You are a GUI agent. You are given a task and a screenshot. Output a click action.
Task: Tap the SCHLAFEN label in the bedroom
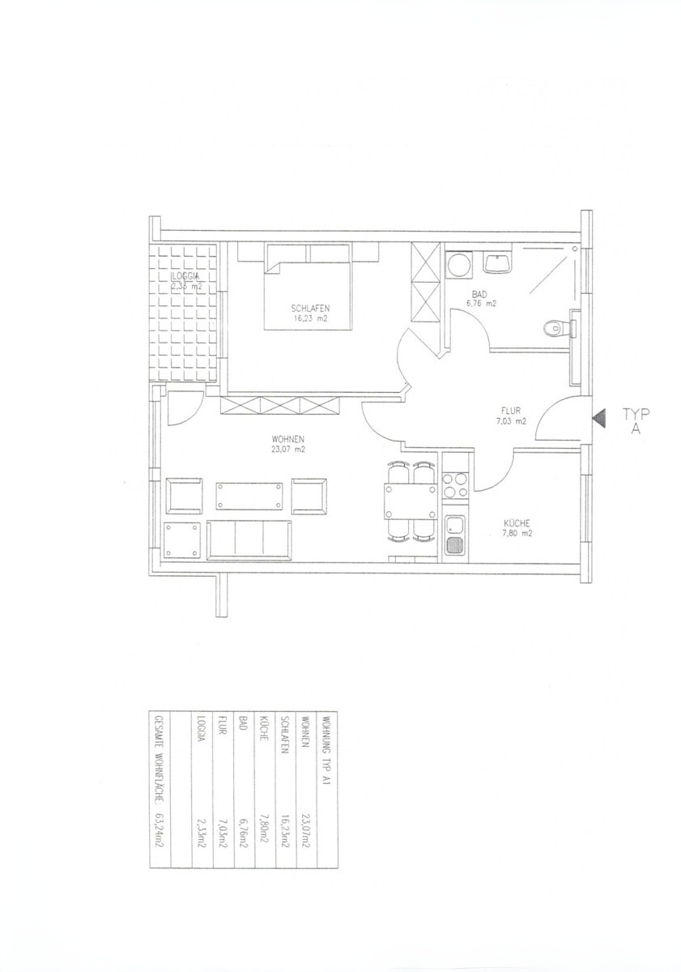(309, 308)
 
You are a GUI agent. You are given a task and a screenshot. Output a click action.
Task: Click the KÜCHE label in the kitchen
(516, 522)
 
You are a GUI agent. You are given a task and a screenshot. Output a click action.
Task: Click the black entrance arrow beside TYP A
(598, 418)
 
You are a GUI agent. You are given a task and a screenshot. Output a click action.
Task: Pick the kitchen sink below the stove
(453, 535)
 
